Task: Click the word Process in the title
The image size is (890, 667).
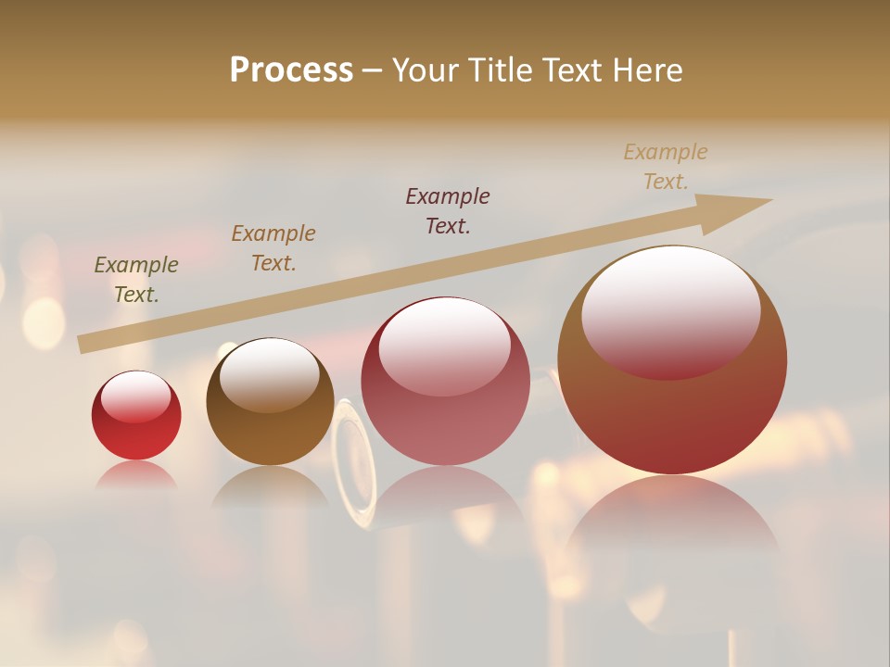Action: click(291, 70)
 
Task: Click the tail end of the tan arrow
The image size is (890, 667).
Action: click(85, 344)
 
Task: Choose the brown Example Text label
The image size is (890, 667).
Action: click(273, 248)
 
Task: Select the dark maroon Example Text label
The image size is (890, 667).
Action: click(448, 210)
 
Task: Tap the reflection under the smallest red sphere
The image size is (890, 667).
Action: click(136, 474)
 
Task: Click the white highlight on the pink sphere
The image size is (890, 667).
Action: click(445, 345)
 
